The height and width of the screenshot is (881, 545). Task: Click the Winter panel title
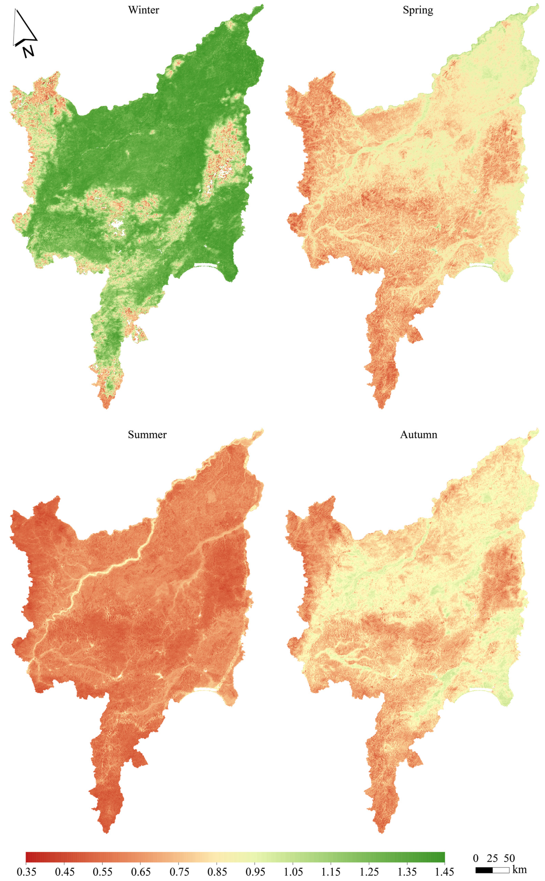[x=143, y=10]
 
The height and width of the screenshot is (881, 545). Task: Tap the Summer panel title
[x=147, y=435]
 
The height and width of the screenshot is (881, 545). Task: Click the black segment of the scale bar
[x=484, y=870]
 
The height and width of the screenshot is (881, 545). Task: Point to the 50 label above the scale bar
[x=509, y=858]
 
